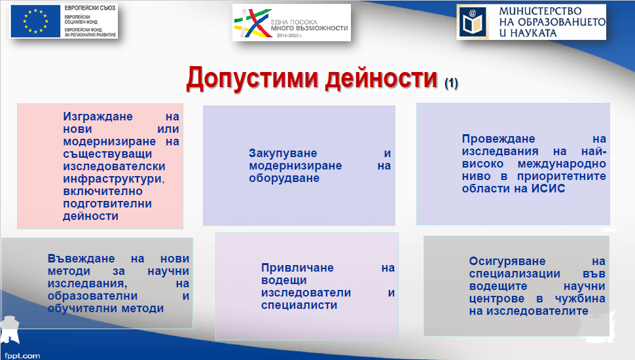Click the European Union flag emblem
35,22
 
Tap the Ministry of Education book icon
473,22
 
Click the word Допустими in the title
252,78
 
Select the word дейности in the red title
382,78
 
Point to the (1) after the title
451,83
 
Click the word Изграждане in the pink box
98,117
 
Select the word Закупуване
283,153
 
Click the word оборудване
284,178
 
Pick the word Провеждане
499,139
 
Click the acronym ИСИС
548,189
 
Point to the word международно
562,164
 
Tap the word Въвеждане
81,259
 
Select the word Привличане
297,268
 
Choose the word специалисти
299,305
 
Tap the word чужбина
580,299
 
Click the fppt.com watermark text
22,355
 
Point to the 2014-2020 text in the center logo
289,35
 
